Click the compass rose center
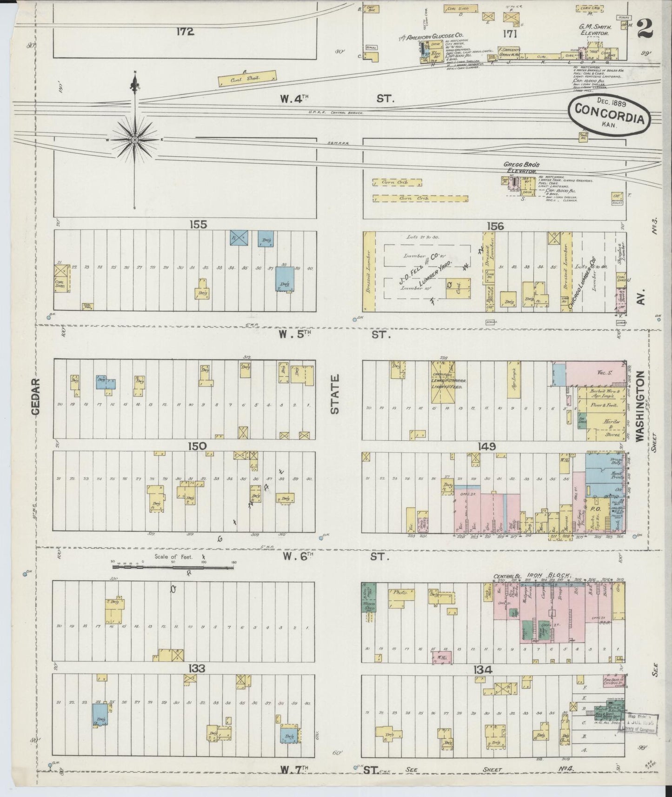tap(134, 139)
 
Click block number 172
tap(185, 32)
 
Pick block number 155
tap(198, 225)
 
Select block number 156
tap(495, 226)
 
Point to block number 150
tap(197, 446)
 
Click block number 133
tap(197, 668)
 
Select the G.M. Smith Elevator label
tap(595, 30)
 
